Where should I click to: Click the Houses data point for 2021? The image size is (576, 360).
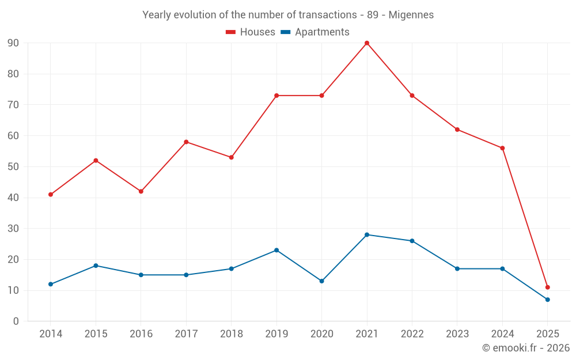point(367,43)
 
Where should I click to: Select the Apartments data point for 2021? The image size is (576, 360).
point(367,234)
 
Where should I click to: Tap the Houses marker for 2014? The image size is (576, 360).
point(51,195)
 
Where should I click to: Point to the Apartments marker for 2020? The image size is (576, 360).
point(321,281)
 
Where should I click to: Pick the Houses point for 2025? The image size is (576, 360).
point(548,287)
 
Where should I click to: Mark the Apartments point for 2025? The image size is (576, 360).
point(548,300)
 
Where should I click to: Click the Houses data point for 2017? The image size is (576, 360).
point(186,142)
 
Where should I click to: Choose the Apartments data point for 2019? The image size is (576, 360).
point(276,250)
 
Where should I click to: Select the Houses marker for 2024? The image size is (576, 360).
point(502,148)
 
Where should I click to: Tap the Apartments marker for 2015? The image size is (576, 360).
point(96,266)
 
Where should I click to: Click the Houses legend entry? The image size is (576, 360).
point(251,32)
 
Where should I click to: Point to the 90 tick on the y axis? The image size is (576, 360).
point(13,43)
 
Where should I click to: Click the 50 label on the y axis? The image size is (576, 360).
point(13,167)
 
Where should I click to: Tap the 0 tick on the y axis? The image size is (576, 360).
point(16,321)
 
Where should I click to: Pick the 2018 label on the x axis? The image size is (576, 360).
point(231,334)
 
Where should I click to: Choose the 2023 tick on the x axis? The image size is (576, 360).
point(457,334)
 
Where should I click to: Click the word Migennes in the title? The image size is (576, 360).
point(411,15)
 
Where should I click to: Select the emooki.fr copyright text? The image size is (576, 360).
point(526,348)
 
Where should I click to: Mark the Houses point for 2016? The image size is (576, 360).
point(141,191)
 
